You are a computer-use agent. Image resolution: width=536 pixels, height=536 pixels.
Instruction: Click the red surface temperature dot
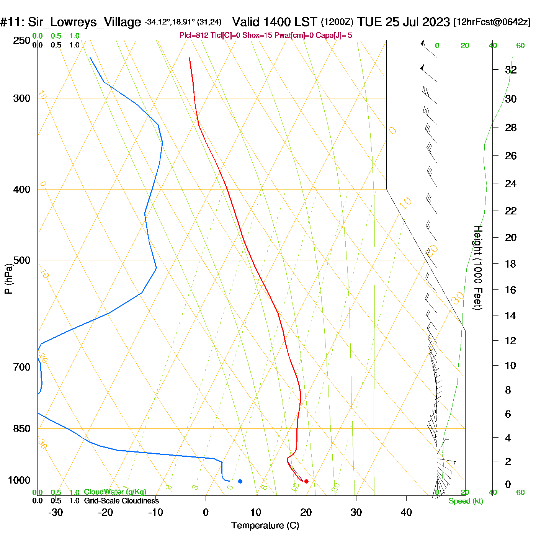pyautogui.click(x=306, y=481)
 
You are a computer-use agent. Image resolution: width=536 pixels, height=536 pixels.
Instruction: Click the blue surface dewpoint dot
pyautogui.click(x=240, y=481)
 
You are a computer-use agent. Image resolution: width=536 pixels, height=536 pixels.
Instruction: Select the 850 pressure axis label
pyautogui.click(x=21, y=428)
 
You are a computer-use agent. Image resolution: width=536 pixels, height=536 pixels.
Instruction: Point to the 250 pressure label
pyautogui.click(x=21, y=40)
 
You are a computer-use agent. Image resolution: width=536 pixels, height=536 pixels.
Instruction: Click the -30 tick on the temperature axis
pyautogui.click(x=56, y=512)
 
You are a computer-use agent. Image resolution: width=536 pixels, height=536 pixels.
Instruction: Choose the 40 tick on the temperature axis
pyautogui.click(x=406, y=512)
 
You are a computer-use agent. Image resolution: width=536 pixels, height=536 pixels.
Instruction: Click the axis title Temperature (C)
pyautogui.click(x=265, y=525)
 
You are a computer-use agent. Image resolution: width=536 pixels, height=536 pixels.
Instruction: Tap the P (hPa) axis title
pyautogui.click(x=8, y=278)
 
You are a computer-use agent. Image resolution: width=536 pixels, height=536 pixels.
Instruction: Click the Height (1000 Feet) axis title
pyautogui.click(x=478, y=268)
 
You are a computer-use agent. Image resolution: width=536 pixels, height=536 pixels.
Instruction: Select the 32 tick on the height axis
pyautogui.click(x=511, y=70)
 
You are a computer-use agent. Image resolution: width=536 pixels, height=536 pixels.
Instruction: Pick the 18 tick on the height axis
pyautogui.click(x=510, y=264)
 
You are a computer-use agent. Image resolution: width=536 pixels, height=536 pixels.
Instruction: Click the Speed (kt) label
pyautogui.click(x=466, y=501)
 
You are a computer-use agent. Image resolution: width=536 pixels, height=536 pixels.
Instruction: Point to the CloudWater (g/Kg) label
pyautogui.click(x=115, y=492)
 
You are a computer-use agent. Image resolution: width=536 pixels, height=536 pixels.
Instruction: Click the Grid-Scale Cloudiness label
pyautogui.click(x=121, y=501)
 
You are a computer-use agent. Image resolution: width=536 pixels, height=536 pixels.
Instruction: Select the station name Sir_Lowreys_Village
pyautogui.click(x=84, y=22)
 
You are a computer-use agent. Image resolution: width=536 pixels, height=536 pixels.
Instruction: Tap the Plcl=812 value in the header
pyautogui.click(x=194, y=36)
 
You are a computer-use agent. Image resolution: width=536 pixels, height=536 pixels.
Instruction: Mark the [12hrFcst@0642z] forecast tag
pyautogui.click(x=492, y=22)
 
